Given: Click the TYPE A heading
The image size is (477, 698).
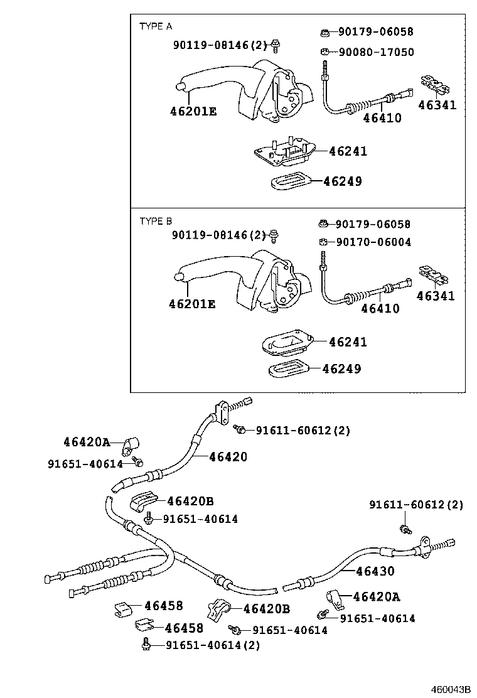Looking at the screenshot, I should pos(155,26).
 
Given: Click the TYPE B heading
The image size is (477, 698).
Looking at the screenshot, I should pos(155,221).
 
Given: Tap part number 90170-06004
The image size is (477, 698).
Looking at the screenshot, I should pos(373,242).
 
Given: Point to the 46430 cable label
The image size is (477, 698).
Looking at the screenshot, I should pos(375,571).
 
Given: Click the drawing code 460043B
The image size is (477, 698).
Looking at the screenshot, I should pos(450,689).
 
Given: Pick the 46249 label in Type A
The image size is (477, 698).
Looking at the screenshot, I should pos(342,181).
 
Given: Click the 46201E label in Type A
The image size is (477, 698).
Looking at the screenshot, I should pos(193,112).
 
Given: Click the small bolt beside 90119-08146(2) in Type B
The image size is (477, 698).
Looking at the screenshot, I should pos(274,235).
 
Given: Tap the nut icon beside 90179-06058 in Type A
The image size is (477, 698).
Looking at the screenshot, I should pos(326,32).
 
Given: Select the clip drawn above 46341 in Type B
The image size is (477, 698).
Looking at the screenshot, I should pos(432,274).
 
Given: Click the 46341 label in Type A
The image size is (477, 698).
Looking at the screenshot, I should pos(437,105).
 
